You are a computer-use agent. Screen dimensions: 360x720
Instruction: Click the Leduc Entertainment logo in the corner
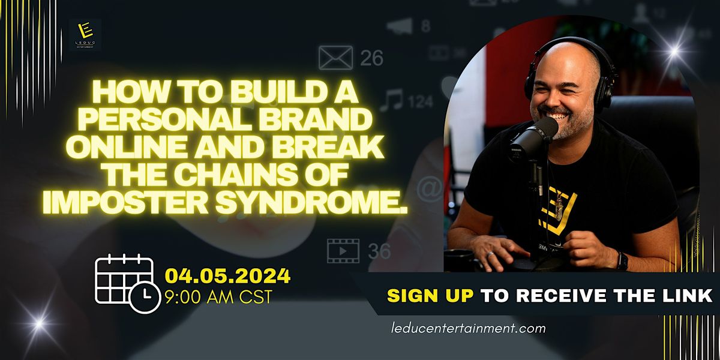85,34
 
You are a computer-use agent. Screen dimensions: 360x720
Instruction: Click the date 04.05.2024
228,277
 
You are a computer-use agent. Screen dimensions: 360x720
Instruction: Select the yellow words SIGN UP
428,295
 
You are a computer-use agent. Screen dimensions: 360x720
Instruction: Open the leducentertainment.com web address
467,328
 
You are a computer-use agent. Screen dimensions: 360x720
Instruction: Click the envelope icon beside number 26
335,58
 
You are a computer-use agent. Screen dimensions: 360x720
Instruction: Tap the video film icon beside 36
343,250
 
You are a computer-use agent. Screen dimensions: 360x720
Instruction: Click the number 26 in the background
371,58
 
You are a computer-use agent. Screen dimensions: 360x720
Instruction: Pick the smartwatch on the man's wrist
622,261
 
